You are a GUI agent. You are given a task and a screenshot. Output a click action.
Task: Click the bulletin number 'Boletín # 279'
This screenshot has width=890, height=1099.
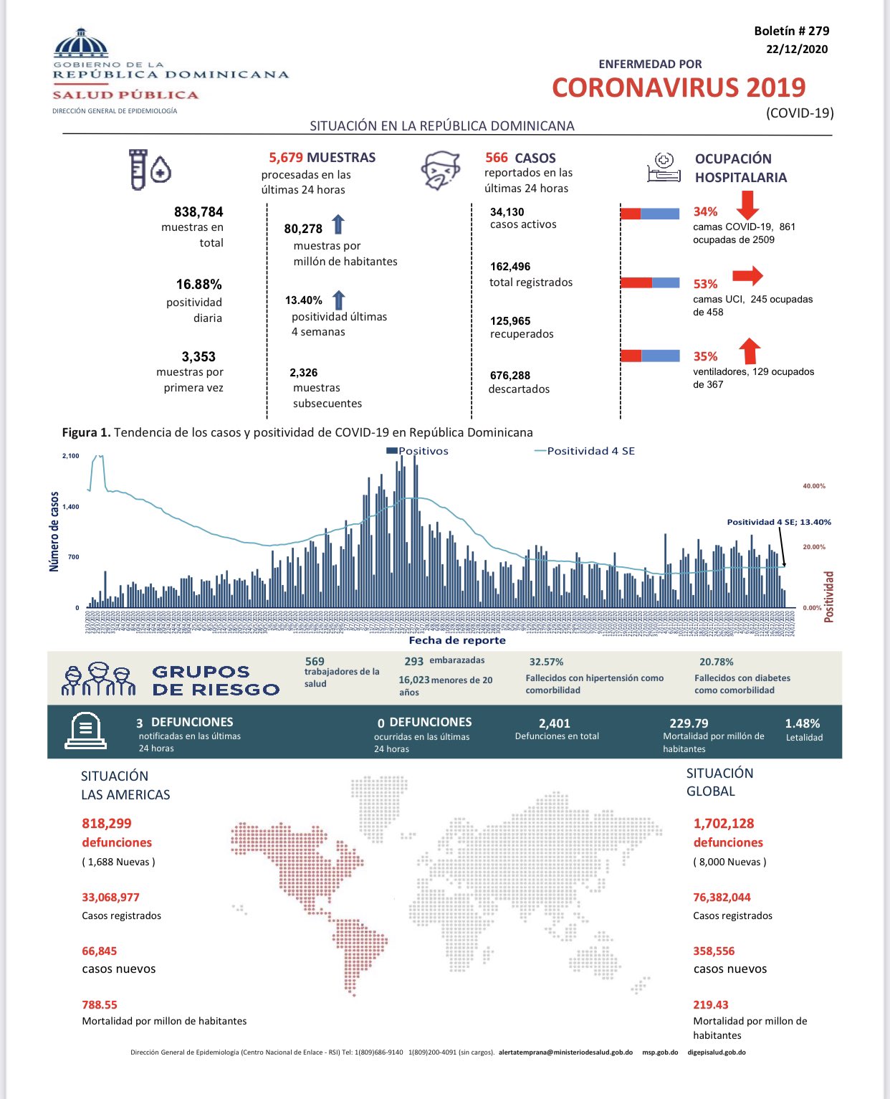[791, 31]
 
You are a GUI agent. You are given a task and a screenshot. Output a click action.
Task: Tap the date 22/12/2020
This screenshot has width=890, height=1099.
[796, 49]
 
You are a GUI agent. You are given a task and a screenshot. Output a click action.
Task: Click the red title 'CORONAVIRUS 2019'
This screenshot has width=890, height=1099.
[679, 87]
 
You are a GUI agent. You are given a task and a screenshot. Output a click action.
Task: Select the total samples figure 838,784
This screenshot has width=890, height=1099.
[198, 211]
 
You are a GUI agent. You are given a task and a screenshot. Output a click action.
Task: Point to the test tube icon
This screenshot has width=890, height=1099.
[138, 169]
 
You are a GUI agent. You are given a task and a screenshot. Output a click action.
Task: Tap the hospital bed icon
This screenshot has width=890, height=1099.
[664, 168]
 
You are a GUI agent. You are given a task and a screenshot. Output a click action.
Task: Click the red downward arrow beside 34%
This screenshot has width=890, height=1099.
[747, 204]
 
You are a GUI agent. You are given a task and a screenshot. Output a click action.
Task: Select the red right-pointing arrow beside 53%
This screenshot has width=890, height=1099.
[747, 275]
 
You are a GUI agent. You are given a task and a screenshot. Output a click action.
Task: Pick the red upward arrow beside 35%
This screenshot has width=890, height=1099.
[750, 351]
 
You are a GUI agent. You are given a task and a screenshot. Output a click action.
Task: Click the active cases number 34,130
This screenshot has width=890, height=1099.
[507, 211]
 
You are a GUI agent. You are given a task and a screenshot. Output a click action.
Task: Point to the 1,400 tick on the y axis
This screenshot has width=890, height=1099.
[70, 507]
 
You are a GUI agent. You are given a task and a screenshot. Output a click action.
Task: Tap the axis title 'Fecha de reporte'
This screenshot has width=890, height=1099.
[457, 640]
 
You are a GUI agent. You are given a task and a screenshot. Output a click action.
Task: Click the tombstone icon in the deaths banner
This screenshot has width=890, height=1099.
[85, 731]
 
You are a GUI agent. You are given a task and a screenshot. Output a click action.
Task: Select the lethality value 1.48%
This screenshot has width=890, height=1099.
[803, 723]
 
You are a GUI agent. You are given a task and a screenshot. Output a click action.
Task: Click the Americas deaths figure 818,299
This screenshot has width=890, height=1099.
[107, 824]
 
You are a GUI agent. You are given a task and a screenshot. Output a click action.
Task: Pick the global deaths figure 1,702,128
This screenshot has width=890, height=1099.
[724, 824]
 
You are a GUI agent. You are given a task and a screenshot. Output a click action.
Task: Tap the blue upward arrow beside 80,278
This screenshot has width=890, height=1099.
[338, 224]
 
